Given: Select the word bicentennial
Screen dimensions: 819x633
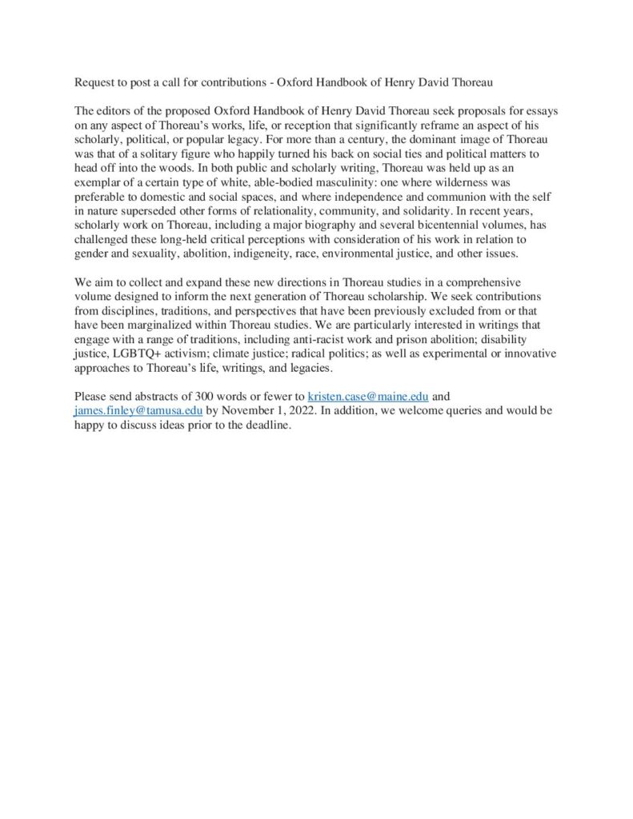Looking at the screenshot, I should (437, 226).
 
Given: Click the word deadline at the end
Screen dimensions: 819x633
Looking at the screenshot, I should (268, 425).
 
